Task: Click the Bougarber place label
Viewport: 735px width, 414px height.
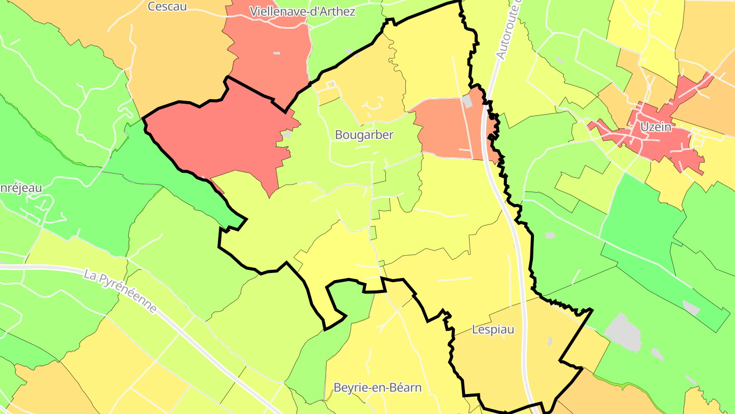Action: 364,135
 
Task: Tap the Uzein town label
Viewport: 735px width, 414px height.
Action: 656,127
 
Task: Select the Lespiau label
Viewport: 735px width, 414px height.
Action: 493,330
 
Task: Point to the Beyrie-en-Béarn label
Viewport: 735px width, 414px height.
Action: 377,387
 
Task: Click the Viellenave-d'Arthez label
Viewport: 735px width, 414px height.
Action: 303,11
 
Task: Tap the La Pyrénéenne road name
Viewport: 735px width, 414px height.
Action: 120,291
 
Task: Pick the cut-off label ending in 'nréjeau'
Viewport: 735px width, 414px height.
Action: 20,188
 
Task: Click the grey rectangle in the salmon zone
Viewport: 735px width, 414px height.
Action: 467,101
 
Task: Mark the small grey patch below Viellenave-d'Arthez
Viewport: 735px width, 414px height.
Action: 277,53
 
